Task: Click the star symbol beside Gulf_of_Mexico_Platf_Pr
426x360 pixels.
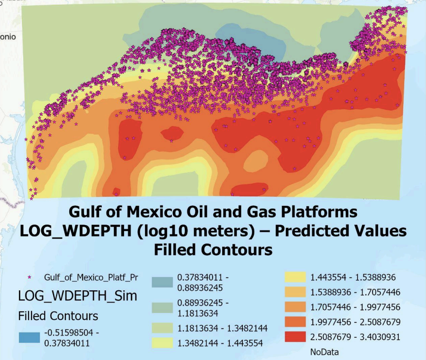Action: tap(30, 278)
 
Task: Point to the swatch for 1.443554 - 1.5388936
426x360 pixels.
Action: tap(296, 277)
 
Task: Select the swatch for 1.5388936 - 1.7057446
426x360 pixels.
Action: tap(296, 292)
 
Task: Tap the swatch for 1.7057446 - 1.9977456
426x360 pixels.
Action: tap(296, 307)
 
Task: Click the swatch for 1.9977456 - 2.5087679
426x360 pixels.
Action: tap(296, 322)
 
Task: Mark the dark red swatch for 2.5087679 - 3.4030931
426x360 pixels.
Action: tap(296, 337)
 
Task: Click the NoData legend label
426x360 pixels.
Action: tap(324, 352)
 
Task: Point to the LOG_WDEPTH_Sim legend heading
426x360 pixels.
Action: tap(78, 296)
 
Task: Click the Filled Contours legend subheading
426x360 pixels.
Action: tap(58, 315)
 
